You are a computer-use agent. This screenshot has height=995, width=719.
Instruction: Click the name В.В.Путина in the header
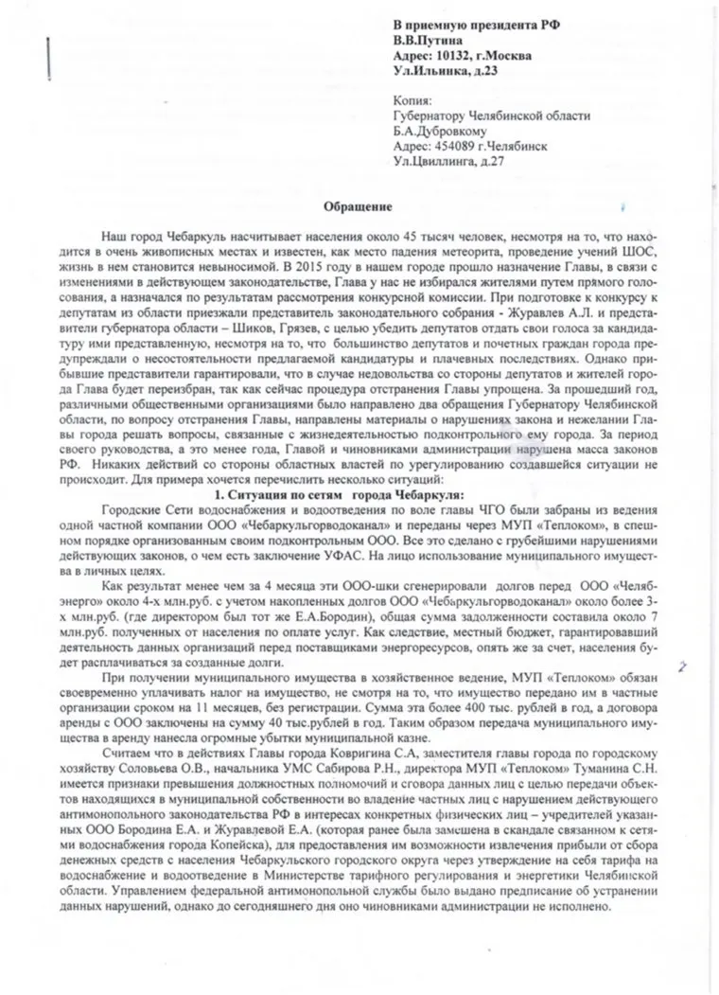427,41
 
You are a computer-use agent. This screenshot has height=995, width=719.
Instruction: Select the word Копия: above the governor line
412,100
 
